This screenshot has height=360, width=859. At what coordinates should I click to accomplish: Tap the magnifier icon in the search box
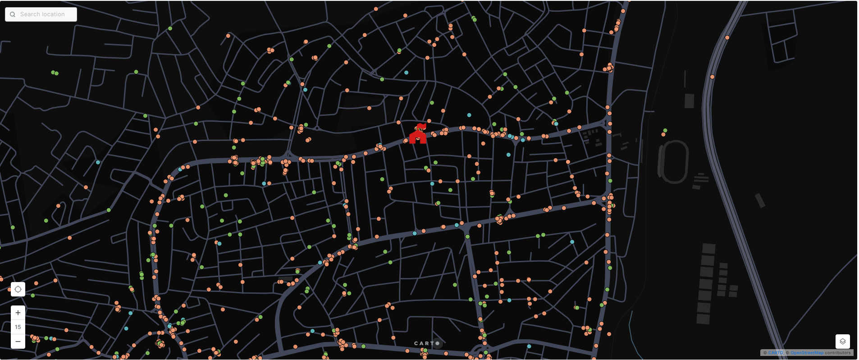pos(13,14)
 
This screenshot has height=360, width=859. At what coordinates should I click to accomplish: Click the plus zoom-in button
pos(18,313)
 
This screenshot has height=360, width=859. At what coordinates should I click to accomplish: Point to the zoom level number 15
pos(18,327)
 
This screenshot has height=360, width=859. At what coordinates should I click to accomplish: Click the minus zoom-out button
pos(18,342)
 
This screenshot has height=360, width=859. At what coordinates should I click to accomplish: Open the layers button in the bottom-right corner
pos(842,342)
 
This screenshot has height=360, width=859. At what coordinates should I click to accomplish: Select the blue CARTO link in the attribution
pos(775,353)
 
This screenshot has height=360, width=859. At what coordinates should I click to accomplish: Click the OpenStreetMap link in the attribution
pos(807,353)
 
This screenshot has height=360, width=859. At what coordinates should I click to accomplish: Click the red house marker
pos(418,134)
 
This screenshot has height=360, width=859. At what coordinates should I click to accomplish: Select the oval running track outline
pos(673,162)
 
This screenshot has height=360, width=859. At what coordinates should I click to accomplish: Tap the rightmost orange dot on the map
pos(727,38)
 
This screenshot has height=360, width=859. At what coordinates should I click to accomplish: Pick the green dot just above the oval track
pos(665,131)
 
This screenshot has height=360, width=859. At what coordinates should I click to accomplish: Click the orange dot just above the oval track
pos(663,134)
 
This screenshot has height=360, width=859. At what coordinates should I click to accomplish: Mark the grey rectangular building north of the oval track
pos(689,100)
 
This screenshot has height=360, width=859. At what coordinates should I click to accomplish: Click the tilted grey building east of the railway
pos(760,201)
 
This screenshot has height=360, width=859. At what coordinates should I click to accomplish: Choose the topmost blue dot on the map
pos(406,73)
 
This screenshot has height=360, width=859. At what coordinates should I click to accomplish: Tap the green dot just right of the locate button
pos(33,296)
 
